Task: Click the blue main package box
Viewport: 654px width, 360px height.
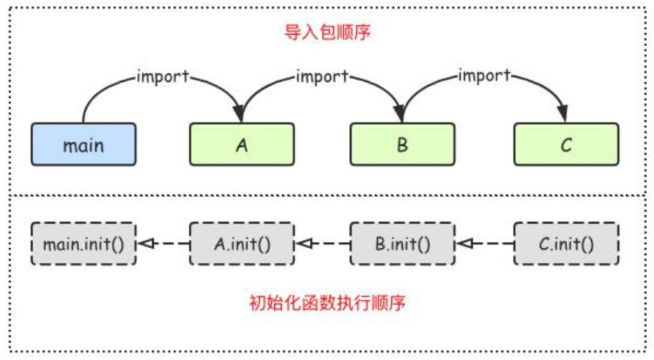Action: [83, 145]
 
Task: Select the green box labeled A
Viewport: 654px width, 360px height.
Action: [242, 145]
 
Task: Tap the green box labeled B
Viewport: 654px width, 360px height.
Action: [402, 145]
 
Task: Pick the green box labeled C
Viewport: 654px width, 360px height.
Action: [566, 145]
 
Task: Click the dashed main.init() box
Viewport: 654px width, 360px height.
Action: [83, 244]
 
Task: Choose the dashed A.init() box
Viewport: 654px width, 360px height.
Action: [242, 244]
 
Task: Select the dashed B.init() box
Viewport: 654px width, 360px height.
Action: [402, 244]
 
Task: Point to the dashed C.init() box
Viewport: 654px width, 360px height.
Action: [566, 244]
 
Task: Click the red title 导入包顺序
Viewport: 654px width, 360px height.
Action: [327, 33]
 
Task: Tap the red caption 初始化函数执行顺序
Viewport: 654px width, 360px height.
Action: [327, 303]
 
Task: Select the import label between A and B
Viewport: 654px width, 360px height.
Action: [322, 76]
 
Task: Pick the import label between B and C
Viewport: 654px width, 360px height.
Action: [484, 76]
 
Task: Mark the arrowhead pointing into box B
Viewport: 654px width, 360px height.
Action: [401, 115]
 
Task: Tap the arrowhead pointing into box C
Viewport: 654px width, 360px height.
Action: [564, 115]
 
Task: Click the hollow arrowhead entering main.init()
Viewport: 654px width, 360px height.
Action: [144, 244]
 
